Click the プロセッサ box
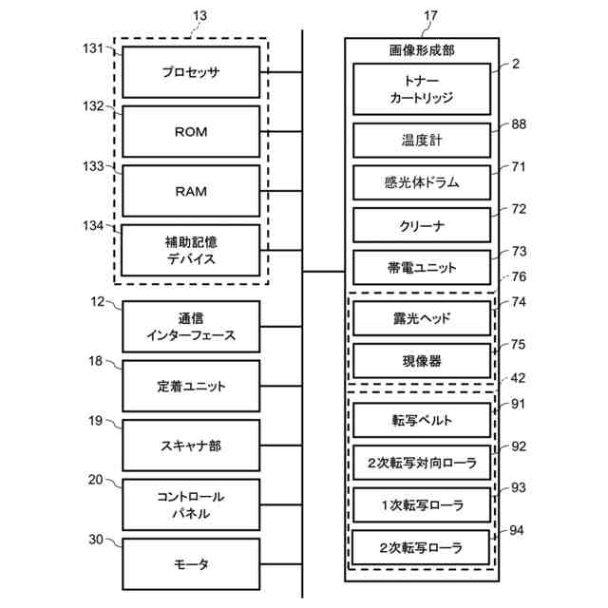tap(191, 72)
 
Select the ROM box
tap(191, 132)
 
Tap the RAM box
tap(191, 191)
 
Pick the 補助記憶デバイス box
tap(191, 250)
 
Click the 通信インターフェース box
tap(191, 327)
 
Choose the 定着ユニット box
tap(191, 387)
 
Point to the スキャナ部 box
tap(191, 446)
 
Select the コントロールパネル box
tap(191, 504)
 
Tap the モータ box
tap(191, 564)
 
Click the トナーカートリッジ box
tap(421, 89)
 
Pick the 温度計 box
tap(421, 140)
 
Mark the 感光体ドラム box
tap(421, 181)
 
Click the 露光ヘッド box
tap(421, 318)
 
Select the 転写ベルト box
tap(421, 419)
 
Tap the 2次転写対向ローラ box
tap(421, 463)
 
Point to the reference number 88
tap(519, 123)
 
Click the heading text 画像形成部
tap(421, 50)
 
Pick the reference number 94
tap(518, 530)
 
